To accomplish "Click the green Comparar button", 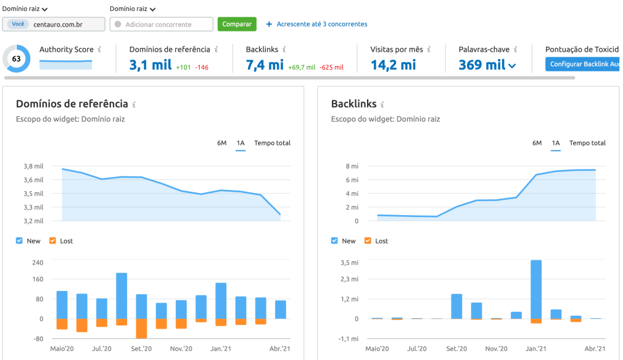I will (237, 24).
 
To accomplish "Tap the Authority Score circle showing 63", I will (16, 59).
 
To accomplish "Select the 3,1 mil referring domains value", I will (150, 65).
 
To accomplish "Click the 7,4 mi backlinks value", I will (265, 65).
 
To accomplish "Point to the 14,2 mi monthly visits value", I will (393, 65).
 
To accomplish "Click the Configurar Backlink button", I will (583, 64).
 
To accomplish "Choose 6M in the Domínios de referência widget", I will (221, 143).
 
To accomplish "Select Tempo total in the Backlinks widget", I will (587, 143).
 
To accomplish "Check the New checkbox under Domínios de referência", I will (19, 241).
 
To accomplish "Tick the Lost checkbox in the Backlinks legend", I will (368, 241).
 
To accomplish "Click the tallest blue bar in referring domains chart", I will (122, 295).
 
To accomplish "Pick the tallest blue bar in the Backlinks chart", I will (536, 289).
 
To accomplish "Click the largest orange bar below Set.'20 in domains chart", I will (141, 329).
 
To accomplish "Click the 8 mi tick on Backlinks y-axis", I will (352, 166).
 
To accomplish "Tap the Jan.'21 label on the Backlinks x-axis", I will (535, 349).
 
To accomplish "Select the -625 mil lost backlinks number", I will (331, 67).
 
